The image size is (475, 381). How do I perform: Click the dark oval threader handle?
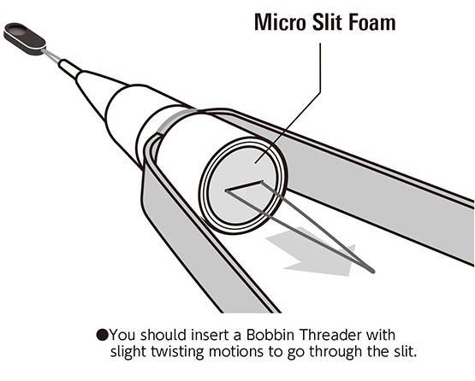point(25,39)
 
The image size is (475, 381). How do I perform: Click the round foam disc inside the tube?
point(241,185)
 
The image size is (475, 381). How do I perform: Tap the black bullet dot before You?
point(102,335)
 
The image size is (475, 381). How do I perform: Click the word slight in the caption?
point(128,352)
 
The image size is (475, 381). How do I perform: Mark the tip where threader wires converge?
point(372,271)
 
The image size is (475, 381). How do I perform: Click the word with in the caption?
point(381,335)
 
